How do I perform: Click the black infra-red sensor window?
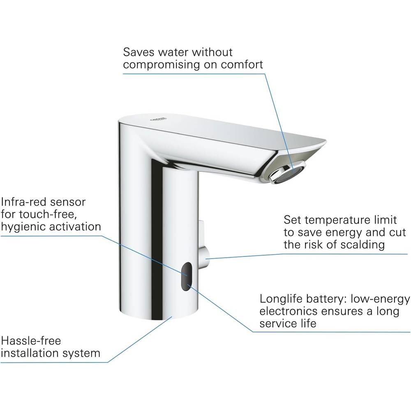click(186, 276)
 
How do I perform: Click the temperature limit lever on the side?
click(203, 245)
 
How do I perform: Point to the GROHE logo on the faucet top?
click(158, 120)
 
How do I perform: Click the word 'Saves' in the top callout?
click(139, 52)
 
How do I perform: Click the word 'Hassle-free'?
click(31, 341)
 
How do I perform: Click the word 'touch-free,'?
click(48, 215)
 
